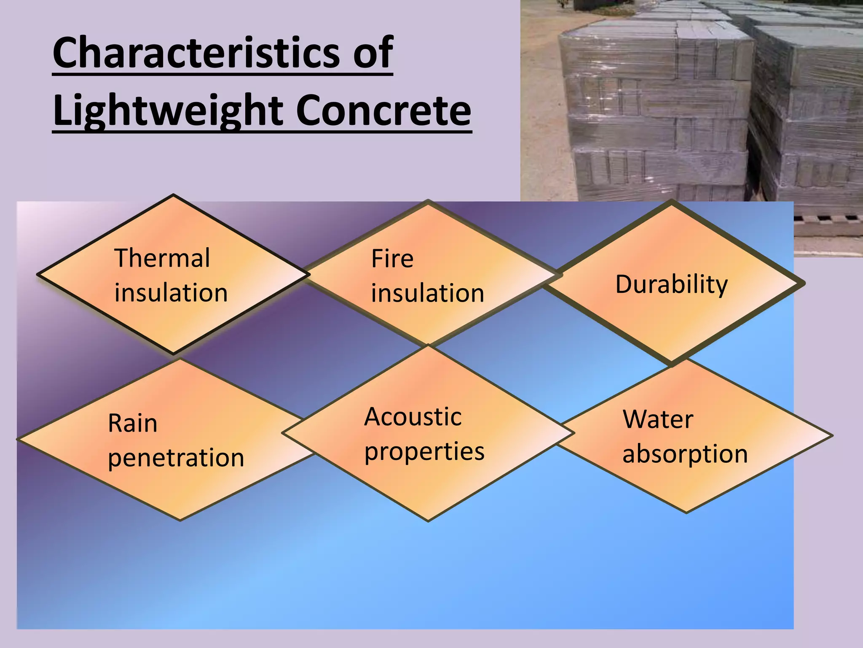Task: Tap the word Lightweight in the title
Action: tap(169, 111)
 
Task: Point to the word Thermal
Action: tap(162, 258)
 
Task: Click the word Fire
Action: tap(392, 259)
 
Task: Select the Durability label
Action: tap(672, 285)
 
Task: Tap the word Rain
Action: tap(133, 423)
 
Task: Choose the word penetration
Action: tap(176, 458)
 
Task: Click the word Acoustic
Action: tap(413, 417)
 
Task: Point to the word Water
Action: tap(658, 419)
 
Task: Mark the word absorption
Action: tap(685, 454)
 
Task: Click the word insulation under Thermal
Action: tap(171, 293)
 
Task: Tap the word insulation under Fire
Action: tap(428, 293)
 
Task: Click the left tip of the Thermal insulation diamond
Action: tap(38, 274)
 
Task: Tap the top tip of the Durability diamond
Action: tap(672, 202)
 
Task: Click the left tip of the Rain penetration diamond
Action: tap(18, 439)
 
